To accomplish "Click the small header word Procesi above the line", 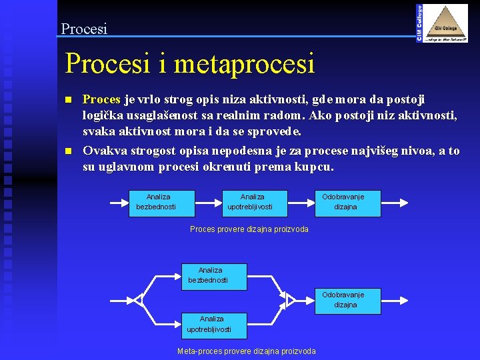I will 84,29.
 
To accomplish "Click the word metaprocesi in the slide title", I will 245,64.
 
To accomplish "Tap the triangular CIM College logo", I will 447,23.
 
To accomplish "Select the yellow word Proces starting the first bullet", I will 101,99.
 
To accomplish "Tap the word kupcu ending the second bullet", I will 313,167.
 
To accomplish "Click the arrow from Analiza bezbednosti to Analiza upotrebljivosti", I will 208,203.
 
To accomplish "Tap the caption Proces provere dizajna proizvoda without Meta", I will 249,229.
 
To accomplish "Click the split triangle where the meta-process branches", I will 138,300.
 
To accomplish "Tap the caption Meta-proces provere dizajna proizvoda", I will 247,351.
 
